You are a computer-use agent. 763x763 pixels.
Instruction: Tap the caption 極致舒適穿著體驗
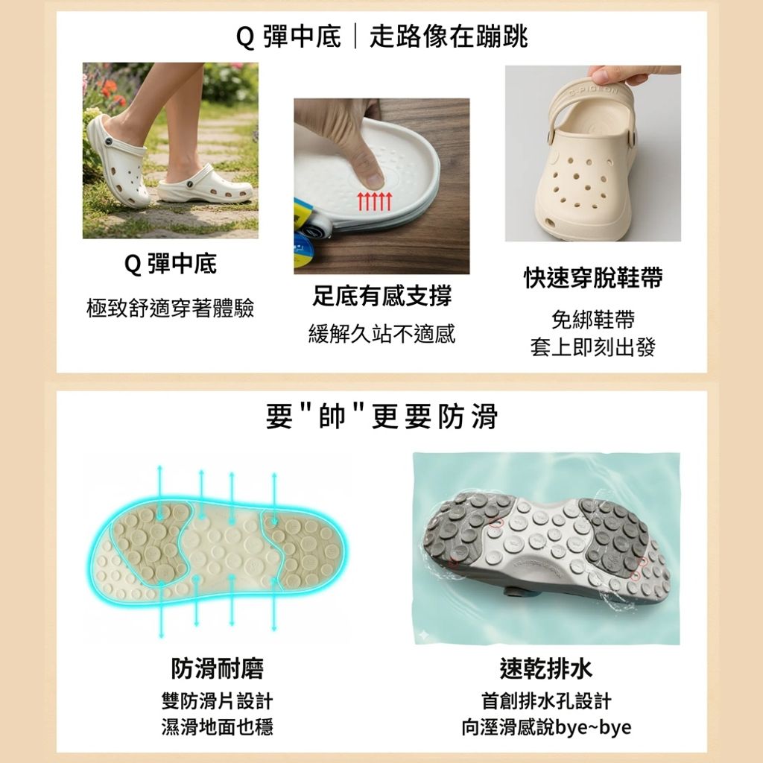pyautogui.click(x=171, y=308)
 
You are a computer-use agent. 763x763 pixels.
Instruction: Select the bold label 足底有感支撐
pyautogui.click(x=381, y=297)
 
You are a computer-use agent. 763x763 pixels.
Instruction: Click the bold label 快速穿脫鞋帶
pyautogui.click(x=593, y=279)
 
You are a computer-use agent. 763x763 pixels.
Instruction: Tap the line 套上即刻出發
pyautogui.click(x=593, y=347)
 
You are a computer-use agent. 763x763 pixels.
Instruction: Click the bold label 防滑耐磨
pyautogui.click(x=217, y=668)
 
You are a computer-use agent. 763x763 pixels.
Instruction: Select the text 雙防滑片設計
pyautogui.click(x=217, y=701)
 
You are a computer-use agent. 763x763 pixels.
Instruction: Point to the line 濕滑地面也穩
pyautogui.click(x=217, y=726)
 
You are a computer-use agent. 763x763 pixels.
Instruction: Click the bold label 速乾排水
pyautogui.click(x=546, y=668)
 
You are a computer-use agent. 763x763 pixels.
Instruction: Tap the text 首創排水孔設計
pyautogui.click(x=546, y=701)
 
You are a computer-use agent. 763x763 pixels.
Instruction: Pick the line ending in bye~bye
pyautogui.click(x=546, y=726)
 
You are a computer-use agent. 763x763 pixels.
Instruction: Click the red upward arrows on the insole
pyautogui.click(x=374, y=201)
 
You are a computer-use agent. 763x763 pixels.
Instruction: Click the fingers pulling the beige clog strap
pyautogui.click(x=626, y=75)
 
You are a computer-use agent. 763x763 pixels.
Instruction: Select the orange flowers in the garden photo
pyautogui.click(x=109, y=89)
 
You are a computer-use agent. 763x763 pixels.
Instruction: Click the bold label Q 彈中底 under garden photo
pyautogui.click(x=171, y=264)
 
